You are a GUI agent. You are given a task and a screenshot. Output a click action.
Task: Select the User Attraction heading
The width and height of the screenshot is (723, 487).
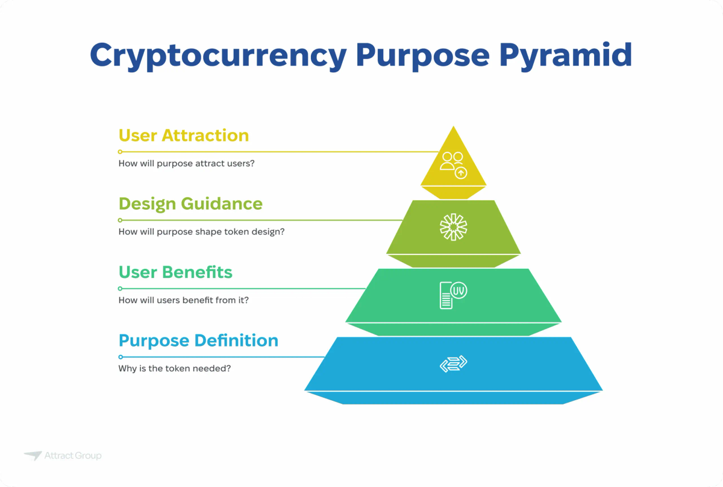click(x=184, y=135)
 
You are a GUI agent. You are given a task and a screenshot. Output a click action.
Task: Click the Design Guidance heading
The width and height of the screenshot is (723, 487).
click(x=190, y=204)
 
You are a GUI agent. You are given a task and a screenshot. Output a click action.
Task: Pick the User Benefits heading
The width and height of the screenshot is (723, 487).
click(x=175, y=272)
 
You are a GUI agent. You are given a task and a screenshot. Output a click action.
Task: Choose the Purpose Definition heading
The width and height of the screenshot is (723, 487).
click(x=198, y=341)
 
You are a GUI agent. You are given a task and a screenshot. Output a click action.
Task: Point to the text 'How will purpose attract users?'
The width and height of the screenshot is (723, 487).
click(x=186, y=163)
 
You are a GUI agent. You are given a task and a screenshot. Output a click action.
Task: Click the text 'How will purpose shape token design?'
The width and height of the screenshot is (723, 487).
click(x=201, y=231)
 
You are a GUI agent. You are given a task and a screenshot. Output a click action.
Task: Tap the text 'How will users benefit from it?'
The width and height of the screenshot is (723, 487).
click(x=184, y=300)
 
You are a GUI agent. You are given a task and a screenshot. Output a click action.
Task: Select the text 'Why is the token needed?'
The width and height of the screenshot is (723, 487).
click(x=175, y=368)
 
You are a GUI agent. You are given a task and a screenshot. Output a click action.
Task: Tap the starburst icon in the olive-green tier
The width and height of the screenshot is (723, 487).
click(x=453, y=227)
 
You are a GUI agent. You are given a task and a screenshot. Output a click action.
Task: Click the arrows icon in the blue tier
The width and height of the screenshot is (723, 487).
click(x=453, y=363)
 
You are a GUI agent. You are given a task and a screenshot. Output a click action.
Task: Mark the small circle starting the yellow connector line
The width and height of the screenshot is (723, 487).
click(x=120, y=152)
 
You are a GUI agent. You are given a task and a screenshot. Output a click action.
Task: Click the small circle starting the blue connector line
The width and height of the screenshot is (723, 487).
click(x=120, y=357)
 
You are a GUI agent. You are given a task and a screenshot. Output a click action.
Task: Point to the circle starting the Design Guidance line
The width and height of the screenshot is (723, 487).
click(x=120, y=220)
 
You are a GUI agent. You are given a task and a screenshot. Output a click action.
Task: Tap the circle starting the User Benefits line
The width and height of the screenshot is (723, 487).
click(x=120, y=289)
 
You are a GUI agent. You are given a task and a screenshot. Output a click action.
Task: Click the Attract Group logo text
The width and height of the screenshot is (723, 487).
click(x=73, y=456)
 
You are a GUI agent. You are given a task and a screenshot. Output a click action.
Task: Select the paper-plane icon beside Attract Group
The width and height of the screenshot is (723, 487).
click(x=33, y=456)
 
